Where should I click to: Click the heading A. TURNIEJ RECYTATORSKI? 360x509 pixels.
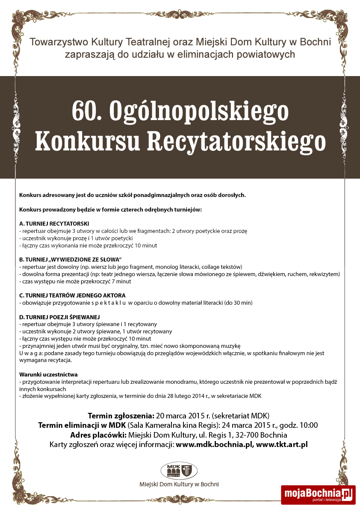(x=54, y=224)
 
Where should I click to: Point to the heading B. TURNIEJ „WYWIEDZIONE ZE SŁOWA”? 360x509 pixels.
(x=71, y=259)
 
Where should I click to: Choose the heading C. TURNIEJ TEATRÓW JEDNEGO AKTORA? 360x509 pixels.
(x=72, y=295)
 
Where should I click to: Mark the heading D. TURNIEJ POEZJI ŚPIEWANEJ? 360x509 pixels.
(x=59, y=317)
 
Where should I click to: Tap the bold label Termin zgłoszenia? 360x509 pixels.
(x=121, y=415)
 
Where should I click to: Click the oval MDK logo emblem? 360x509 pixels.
(x=179, y=471)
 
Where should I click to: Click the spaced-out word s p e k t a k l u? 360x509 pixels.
(x=109, y=303)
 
